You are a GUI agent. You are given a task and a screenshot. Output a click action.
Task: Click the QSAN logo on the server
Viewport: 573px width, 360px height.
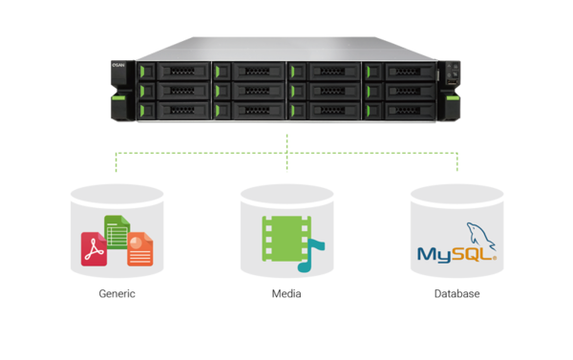[118, 65]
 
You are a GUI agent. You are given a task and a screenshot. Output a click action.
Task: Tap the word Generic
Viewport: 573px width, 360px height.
[117, 293]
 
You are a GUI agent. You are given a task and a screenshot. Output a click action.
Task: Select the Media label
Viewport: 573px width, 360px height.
[286, 293]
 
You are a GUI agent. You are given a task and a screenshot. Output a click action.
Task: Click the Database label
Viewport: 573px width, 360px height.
[456, 293]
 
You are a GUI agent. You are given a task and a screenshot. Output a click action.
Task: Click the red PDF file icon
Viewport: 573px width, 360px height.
[94, 249]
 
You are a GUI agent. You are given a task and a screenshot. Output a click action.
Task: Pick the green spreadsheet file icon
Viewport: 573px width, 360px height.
[117, 232]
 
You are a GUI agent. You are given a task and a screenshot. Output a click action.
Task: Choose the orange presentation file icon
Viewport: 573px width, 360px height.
[140, 249]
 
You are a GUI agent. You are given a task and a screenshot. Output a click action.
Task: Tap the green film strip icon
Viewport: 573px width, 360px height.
[286, 239]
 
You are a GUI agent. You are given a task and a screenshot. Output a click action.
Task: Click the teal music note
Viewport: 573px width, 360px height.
[310, 256]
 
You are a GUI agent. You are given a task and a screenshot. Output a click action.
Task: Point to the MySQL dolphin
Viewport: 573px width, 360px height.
[481, 236]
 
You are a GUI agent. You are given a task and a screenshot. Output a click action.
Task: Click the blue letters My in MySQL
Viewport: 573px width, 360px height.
[435, 255]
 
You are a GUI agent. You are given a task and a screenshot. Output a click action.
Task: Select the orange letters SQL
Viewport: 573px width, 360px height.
[472, 254]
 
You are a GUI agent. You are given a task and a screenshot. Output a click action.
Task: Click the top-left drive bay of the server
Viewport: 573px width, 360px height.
[175, 71]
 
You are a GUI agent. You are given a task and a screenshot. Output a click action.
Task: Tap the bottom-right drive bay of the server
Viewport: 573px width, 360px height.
[400, 111]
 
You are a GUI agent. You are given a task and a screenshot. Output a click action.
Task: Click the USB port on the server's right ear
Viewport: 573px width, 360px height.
[452, 82]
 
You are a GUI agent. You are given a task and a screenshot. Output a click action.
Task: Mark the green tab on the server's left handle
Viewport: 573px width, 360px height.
[118, 97]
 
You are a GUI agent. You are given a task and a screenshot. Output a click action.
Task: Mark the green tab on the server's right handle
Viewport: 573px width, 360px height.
[453, 97]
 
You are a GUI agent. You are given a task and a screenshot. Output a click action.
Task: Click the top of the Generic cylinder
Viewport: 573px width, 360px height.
[117, 195]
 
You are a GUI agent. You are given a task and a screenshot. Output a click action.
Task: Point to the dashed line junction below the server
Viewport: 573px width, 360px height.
[286, 153]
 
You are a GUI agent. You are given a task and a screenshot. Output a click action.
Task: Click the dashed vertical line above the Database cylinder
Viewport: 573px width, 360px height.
[457, 162]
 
